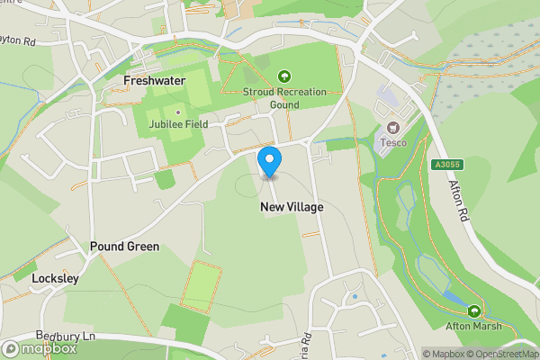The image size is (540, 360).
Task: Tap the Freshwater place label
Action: point(153,80)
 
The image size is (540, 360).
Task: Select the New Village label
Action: point(292,207)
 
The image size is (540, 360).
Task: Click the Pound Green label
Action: point(124,246)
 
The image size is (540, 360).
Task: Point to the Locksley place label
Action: point(56,278)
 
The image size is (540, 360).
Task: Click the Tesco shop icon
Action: point(391,130)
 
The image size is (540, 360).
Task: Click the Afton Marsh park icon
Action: point(472,310)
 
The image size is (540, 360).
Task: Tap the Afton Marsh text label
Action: point(472,325)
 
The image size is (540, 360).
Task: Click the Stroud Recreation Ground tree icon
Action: point(285,76)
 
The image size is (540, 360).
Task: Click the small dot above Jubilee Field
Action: point(178,112)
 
